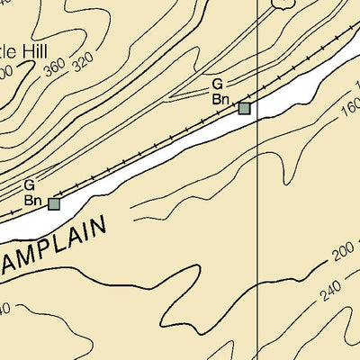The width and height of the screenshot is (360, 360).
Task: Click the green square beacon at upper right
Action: click(244, 109)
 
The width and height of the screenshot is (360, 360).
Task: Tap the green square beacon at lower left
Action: click(54, 204)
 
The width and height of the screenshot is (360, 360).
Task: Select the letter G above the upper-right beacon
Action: click(217, 84)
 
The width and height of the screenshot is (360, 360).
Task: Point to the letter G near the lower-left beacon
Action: click(30, 184)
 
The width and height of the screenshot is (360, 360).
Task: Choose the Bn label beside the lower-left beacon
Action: click(31, 200)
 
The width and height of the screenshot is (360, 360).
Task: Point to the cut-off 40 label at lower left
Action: click(4, 309)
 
